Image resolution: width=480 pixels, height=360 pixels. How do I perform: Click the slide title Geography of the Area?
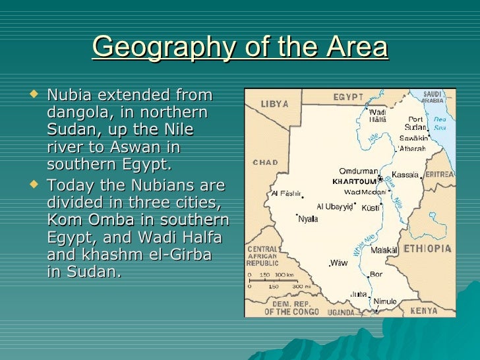pyautogui.click(x=240, y=47)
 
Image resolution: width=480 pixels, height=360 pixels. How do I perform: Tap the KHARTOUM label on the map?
pyautogui.click(x=354, y=181)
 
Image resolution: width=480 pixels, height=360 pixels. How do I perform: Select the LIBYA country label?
pyautogui.click(x=275, y=104)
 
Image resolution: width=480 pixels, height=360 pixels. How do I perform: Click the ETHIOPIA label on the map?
pyautogui.click(x=427, y=249)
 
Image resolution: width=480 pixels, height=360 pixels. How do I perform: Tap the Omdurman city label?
pyautogui.click(x=358, y=170)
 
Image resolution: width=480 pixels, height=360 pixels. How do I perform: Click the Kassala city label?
pyautogui.click(x=406, y=175)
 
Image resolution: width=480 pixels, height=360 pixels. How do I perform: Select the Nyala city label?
pyautogui.click(x=308, y=219)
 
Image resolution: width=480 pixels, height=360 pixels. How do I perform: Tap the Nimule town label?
pyautogui.click(x=385, y=301)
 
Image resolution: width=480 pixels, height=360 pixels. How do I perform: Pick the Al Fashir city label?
pyautogui.click(x=285, y=194)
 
